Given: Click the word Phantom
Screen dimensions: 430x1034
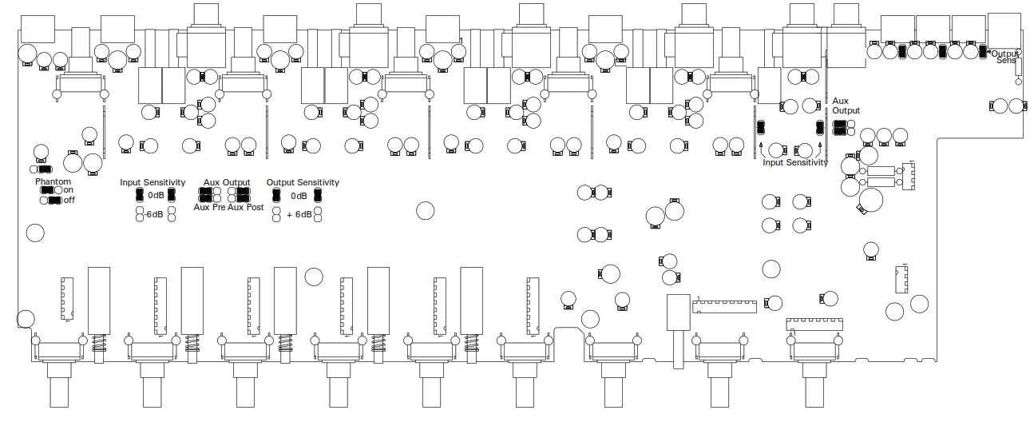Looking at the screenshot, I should pyautogui.click(x=53, y=181).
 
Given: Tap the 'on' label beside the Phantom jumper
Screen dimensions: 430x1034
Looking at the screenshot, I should pyautogui.click(x=69, y=190).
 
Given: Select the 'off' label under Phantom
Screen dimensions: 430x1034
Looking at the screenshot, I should pyautogui.click(x=69, y=200).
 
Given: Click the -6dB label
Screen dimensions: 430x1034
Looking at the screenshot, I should pyautogui.click(x=153, y=214).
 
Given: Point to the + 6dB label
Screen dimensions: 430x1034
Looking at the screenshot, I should pyautogui.click(x=299, y=214).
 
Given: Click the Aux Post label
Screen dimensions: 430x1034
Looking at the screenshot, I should pyautogui.click(x=246, y=207).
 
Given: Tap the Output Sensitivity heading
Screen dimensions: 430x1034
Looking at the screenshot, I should pyautogui.click(x=303, y=182).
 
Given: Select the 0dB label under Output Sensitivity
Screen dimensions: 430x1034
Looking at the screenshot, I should pyautogui.click(x=299, y=196).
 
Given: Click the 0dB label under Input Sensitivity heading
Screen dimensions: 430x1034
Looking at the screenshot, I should pyautogui.click(x=156, y=196).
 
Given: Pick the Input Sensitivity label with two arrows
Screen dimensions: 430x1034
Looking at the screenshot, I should pyautogui.click(x=794, y=162).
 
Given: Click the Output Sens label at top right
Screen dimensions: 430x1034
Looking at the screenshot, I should pyautogui.click(x=1006, y=57).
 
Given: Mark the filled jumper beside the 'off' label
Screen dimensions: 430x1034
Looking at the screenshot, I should pyautogui.click(x=55, y=200).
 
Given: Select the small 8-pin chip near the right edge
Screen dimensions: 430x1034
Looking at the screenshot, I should pyautogui.click(x=901, y=277).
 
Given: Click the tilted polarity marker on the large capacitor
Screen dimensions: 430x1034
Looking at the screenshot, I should pyautogui.click(x=861, y=209).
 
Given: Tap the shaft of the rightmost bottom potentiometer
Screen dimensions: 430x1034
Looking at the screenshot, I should pyautogui.click(x=814, y=392).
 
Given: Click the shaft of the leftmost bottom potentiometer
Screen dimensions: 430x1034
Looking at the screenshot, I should pyautogui.click(x=60, y=392).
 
